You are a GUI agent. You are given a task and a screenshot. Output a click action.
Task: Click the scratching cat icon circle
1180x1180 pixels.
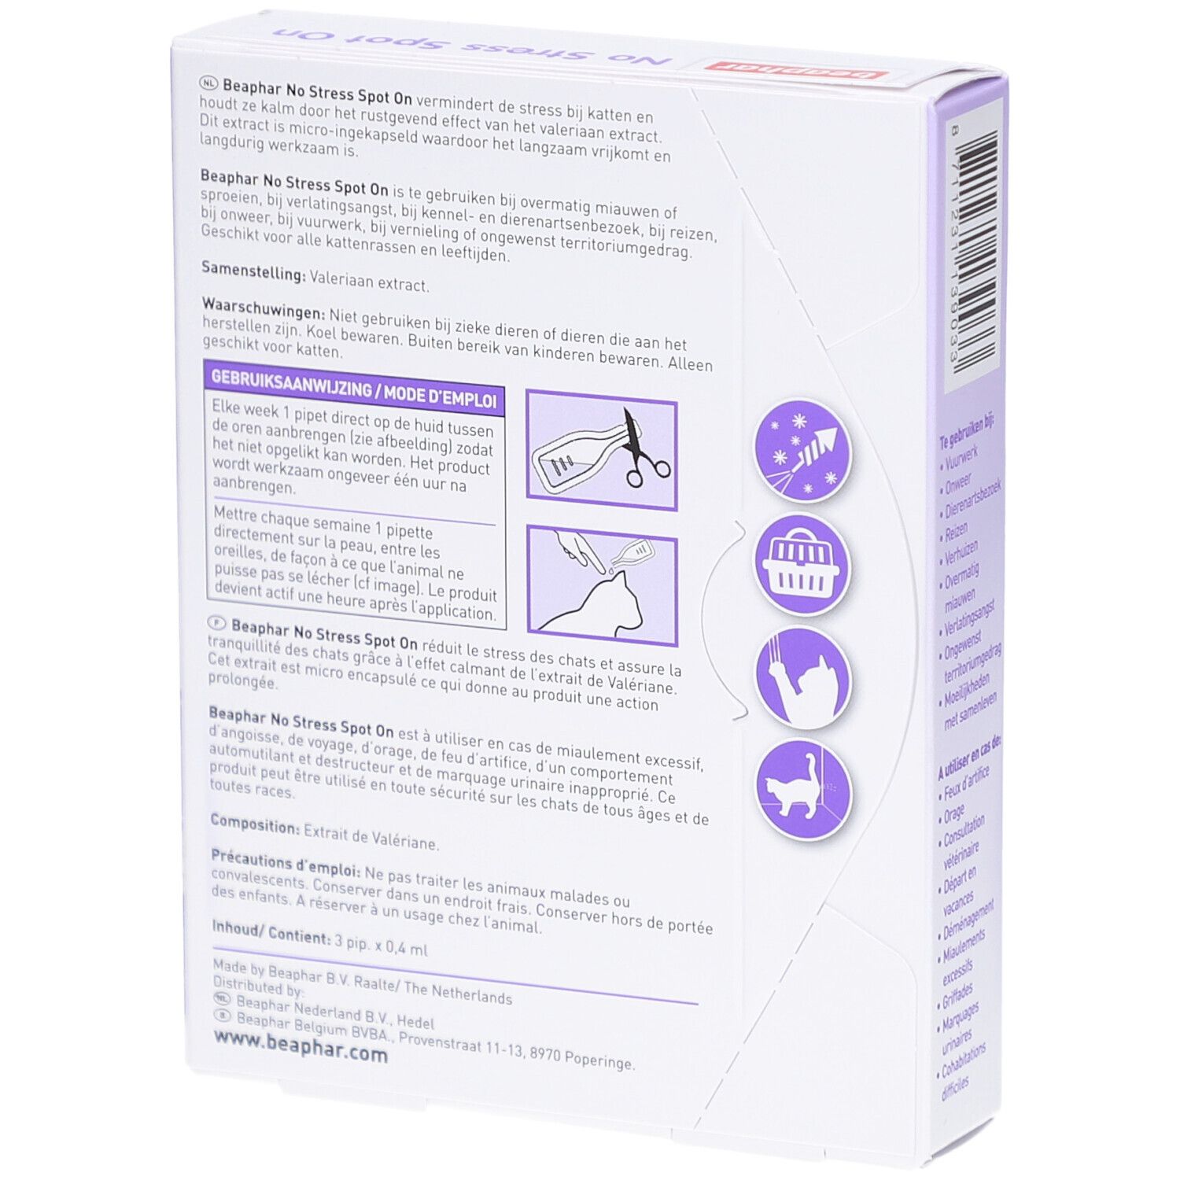(802, 677)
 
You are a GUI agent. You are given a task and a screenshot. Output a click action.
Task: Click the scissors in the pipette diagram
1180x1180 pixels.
(641, 453)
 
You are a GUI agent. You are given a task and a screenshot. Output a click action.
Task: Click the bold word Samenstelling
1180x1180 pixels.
(253, 271)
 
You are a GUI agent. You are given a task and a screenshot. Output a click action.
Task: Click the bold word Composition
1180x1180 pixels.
(254, 824)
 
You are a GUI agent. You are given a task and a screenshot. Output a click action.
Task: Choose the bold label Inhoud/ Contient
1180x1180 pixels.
(271, 932)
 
